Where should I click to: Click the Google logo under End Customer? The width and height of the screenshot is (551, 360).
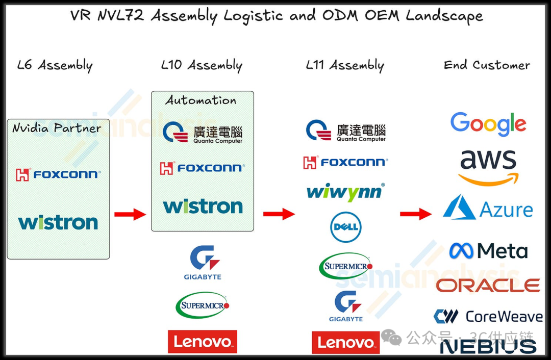(x=488, y=124)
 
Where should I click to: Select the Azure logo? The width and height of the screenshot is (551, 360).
(x=488, y=208)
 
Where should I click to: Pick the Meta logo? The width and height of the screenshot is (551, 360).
(x=488, y=250)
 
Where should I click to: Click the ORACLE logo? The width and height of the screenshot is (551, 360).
(x=488, y=285)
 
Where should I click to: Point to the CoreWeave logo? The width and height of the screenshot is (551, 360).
(x=488, y=317)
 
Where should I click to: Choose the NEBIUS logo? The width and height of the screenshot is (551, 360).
(x=488, y=346)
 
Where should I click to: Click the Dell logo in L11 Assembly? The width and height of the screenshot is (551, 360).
(x=346, y=227)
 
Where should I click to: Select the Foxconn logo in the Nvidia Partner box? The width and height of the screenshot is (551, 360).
(x=58, y=174)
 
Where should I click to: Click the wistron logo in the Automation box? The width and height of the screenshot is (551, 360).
(x=203, y=206)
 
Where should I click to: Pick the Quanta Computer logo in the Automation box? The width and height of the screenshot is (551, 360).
(x=203, y=132)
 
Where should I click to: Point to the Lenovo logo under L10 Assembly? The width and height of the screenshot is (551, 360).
(x=203, y=341)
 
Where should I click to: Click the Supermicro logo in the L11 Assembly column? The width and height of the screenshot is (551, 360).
(x=346, y=266)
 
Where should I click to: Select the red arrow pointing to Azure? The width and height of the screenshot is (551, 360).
(x=415, y=214)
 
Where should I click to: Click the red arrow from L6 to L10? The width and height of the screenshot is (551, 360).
(x=130, y=214)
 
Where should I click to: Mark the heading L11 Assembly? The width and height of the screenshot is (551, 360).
(x=345, y=65)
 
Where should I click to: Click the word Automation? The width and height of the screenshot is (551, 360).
(x=201, y=100)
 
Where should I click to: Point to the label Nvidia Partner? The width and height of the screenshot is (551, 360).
(x=57, y=127)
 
